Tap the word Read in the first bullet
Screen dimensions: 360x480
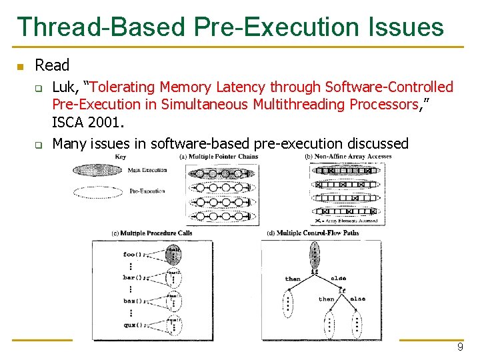coord(52,65)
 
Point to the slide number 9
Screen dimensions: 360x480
coord(460,348)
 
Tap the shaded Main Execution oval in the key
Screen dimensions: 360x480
coord(97,171)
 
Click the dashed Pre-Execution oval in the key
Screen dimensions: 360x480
coord(97,191)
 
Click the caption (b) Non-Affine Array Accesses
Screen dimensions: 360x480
coord(348,157)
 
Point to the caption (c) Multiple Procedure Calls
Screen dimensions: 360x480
coord(152,233)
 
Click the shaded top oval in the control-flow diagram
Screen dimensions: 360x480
coord(314,254)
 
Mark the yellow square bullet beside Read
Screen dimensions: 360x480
coord(21,66)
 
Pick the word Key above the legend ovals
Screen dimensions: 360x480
coord(121,157)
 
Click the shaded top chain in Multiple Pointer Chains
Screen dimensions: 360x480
coord(219,173)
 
